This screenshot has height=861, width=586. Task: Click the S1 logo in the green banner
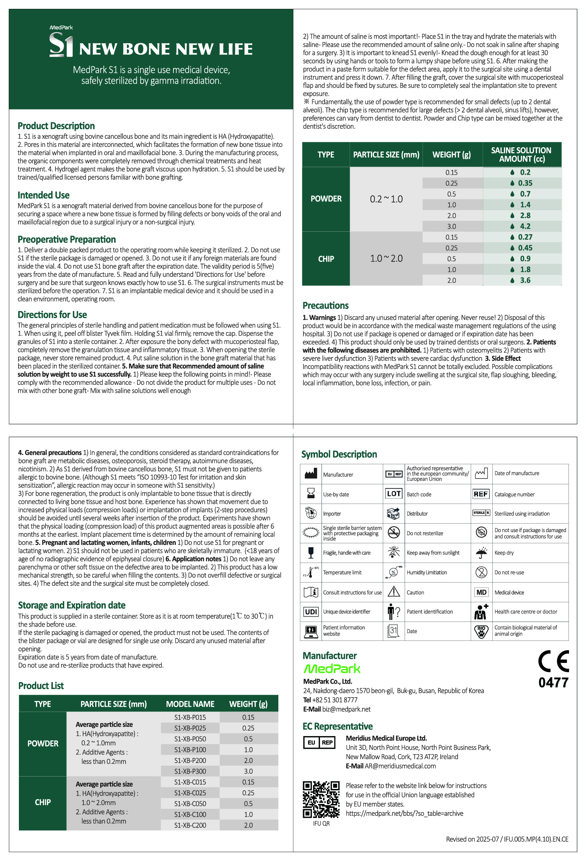pyautogui.click(x=61, y=45)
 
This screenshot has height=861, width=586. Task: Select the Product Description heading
pyautogui.click(x=56, y=126)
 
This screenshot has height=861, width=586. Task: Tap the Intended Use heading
pyautogui.click(x=44, y=195)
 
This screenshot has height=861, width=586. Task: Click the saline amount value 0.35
pyautogui.click(x=525, y=183)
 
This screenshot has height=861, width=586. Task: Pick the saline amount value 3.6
pyautogui.click(x=525, y=280)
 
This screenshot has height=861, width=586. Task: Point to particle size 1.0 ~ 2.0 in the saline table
pyautogui.click(x=386, y=258)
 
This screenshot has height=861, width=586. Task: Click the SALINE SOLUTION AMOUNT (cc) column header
pyautogui.click(x=521, y=155)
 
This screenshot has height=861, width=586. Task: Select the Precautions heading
pyautogui.click(x=325, y=305)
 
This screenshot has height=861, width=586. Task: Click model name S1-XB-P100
pyautogui.click(x=190, y=750)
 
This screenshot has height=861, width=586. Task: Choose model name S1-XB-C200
pyautogui.click(x=190, y=825)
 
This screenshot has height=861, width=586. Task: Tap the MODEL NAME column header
pyautogui.click(x=190, y=704)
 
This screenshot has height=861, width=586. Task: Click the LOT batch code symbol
pyautogui.click(x=394, y=494)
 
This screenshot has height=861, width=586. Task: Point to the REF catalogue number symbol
pyautogui.click(x=481, y=494)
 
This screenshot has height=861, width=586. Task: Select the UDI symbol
pyautogui.click(x=311, y=612)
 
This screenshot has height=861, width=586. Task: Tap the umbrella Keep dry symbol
pyautogui.click(x=481, y=553)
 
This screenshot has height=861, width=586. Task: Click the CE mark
pyautogui.click(x=553, y=662)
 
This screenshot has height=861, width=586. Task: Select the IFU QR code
pyautogui.click(x=321, y=799)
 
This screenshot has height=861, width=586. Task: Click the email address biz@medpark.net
pyautogui.click(x=346, y=709)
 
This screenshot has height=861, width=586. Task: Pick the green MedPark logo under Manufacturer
pyautogui.click(x=332, y=669)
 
